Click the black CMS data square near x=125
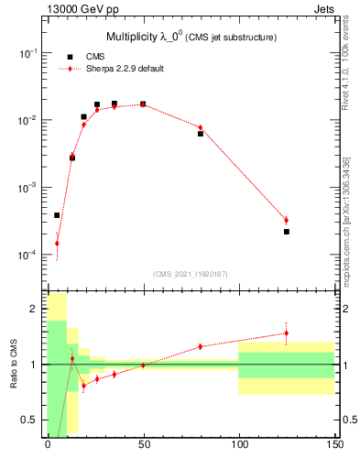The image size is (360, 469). (287, 232)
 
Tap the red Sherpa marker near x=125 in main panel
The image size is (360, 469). (287, 220)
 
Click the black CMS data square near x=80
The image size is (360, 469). (201, 134)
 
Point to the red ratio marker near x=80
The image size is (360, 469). (201, 346)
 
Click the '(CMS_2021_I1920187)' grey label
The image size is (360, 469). (191, 274)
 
